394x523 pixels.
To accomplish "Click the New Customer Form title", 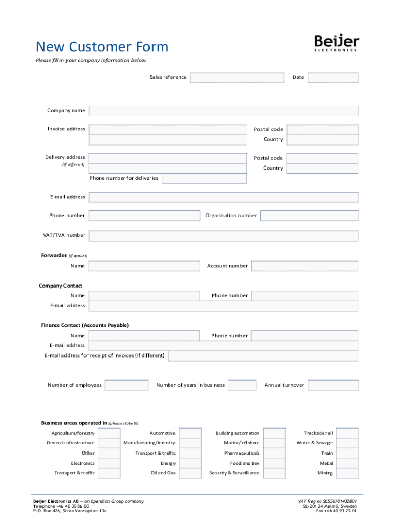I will pos(102,47).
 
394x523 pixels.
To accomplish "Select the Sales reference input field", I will pos(237,77).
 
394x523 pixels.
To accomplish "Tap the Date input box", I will pos(333,77).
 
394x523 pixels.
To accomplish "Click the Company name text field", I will pos(223,111).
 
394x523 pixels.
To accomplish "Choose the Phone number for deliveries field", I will pos(204,178).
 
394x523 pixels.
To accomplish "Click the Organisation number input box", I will pos(309,216).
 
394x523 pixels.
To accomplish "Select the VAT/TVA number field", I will pos(223,236).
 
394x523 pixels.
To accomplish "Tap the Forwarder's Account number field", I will pos(304,266).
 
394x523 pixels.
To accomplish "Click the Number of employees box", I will pos(126,385).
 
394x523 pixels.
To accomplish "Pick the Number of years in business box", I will pos(242,385).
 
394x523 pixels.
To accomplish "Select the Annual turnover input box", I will pos(333,385).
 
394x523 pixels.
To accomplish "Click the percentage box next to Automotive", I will pos(190,433).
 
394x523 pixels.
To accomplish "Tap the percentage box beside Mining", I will pos(347,473).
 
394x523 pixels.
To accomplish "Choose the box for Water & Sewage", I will pos(347,443).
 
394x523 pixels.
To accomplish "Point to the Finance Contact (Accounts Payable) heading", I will pos(85,325).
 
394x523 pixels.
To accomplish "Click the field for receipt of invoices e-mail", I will pos(263,356).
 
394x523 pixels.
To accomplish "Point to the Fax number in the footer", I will pos(336,511).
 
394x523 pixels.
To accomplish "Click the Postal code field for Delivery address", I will pos(322,158).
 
